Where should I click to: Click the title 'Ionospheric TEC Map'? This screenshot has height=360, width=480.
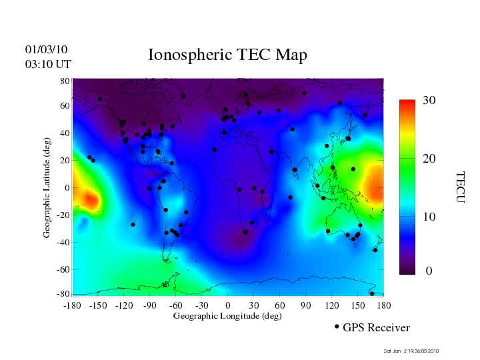click(227, 55)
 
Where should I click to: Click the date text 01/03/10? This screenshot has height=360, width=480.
click(47, 49)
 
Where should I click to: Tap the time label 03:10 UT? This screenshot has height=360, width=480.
click(48, 64)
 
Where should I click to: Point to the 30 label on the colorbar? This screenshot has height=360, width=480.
click(429, 100)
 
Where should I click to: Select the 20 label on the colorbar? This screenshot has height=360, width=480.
click(429, 159)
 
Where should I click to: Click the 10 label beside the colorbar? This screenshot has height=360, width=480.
click(429, 217)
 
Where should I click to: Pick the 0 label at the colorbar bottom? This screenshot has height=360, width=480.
click(429, 271)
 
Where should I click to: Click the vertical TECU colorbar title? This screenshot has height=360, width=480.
click(460, 187)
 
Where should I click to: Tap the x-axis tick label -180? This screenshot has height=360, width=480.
click(73, 305)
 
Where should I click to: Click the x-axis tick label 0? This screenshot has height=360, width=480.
click(228, 305)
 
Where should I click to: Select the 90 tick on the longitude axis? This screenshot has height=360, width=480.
click(306, 305)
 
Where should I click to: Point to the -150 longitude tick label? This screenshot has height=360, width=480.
click(98, 305)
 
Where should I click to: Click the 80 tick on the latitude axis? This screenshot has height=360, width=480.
click(65, 81)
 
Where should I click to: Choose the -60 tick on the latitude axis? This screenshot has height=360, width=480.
click(63, 269)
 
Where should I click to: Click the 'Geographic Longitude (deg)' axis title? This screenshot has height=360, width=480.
click(227, 316)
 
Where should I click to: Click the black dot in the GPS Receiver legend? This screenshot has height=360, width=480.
click(337, 327)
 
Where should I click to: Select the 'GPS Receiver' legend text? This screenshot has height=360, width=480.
click(376, 328)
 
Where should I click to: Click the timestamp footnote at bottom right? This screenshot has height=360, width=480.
click(411, 351)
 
